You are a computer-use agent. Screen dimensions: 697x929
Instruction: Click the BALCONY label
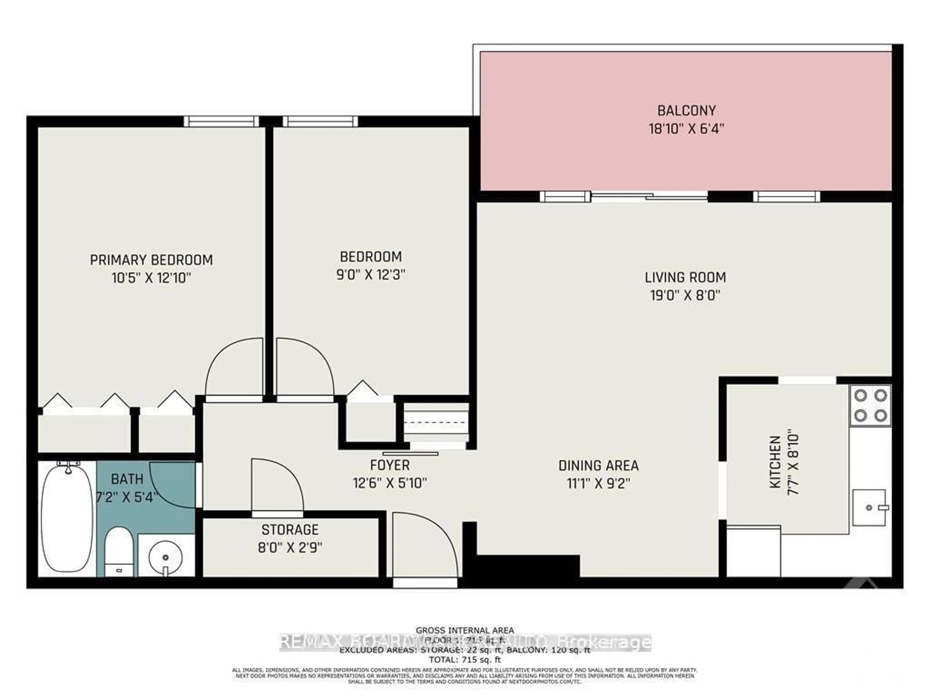[686, 111]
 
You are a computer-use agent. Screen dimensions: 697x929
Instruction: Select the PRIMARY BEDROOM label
[151, 260]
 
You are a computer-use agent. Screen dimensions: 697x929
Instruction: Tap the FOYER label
[390, 465]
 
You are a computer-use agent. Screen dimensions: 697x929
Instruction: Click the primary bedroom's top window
[221, 121]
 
